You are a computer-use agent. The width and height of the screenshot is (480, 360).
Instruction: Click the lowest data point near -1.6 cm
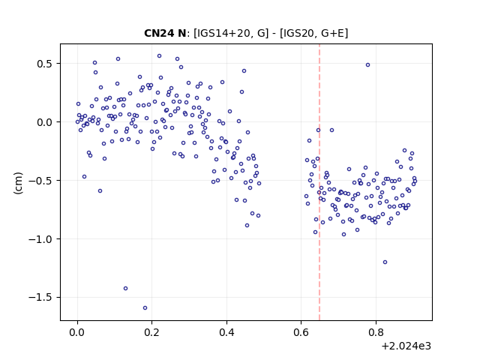tap(145, 308)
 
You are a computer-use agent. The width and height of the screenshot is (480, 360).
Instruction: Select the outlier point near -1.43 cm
tap(125, 288)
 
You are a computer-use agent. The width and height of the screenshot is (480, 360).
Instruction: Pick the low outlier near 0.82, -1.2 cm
tap(385, 262)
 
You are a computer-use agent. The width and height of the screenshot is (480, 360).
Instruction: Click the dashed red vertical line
tap(319, 182)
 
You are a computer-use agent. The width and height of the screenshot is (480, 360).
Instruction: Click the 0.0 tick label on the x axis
tap(77, 332)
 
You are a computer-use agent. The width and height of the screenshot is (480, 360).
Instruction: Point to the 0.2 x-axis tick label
tap(151, 332)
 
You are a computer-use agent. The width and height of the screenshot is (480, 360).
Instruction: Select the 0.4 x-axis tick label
tap(226, 332)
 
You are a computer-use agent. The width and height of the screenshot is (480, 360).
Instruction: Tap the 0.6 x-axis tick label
tap(301, 332)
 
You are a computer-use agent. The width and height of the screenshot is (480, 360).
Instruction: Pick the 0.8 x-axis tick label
tap(376, 332)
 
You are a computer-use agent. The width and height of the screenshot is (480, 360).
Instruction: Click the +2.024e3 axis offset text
tap(406, 346)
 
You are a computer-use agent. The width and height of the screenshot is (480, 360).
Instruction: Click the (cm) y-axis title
tap(18, 183)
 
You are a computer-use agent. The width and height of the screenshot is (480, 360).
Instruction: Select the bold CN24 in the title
tap(157, 33)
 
